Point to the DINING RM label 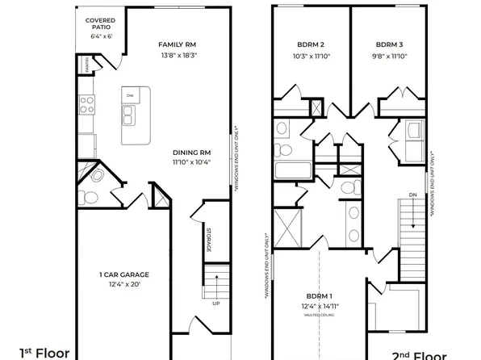191,152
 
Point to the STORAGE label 208,240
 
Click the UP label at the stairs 215,304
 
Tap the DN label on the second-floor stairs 412,195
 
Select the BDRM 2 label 311,44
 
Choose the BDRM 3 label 389,44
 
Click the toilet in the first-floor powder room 90,196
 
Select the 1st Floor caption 45,353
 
